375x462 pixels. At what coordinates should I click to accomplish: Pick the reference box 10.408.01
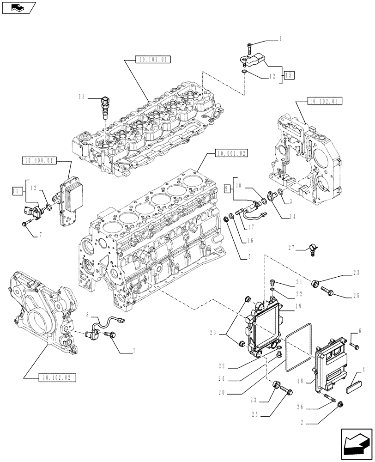(38, 160)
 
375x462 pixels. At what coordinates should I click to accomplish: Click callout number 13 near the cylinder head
(82, 97)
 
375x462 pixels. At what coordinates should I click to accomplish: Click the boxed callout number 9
(227, 188)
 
